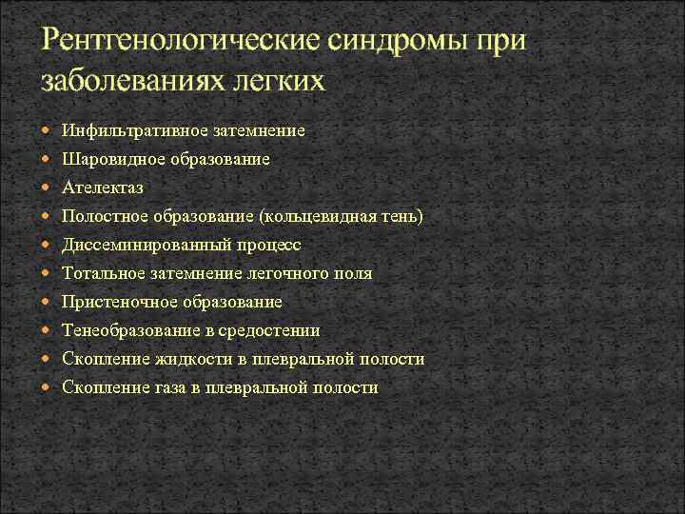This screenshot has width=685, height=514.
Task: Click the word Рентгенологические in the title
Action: point(181,43)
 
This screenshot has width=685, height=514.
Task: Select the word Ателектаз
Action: point(103,188)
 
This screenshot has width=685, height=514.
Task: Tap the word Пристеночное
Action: point(114,302)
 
